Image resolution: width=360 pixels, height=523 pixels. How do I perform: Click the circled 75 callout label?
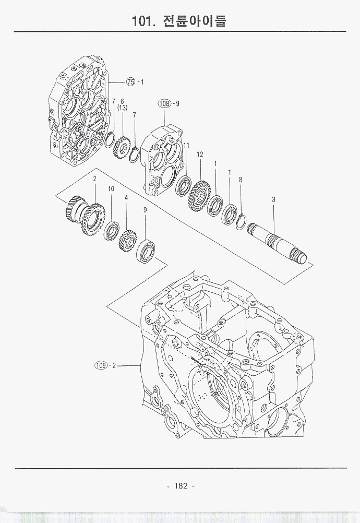click(x=131, y=81)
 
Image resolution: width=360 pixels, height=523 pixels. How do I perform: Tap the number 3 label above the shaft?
click(x=273, y=199)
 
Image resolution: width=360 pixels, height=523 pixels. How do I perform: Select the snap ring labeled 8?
click(x=241, y=219)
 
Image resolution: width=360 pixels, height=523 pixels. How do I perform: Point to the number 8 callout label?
click(x=241, y=179)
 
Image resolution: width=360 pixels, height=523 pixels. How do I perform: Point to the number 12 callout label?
click(x=200, y=154)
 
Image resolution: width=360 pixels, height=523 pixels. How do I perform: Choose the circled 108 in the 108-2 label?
click(x=101, y=365)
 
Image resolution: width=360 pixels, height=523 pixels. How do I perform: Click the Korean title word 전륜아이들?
click(x=195, y=22)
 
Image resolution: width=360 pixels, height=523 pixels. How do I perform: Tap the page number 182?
click(x=181, y=486)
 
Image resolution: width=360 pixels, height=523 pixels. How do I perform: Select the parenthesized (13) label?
click(x=122, y=108)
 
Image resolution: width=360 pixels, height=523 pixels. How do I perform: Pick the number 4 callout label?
click(x=126, y=198)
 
